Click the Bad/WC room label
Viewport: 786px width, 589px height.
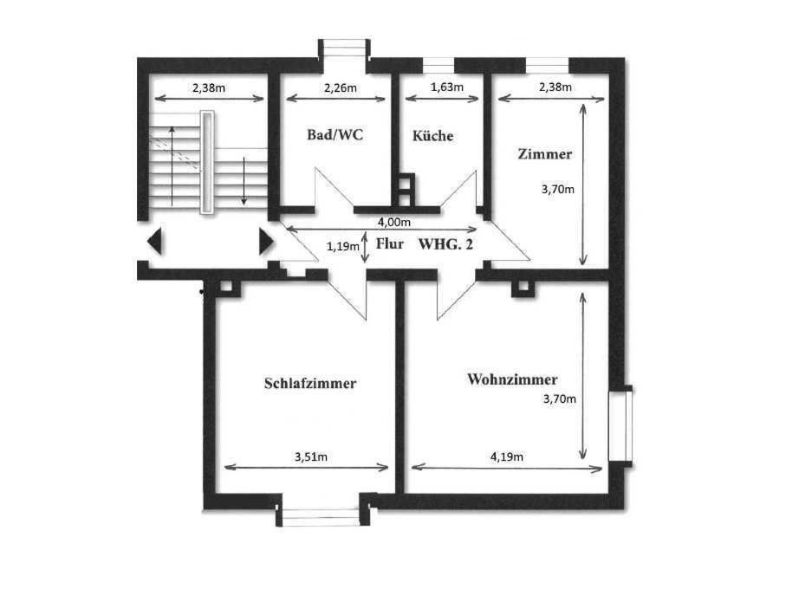335,135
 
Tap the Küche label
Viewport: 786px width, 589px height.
432,136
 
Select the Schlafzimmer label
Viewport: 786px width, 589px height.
310,383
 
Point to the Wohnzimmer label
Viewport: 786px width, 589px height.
512,379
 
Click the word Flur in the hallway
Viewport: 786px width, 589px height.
389,244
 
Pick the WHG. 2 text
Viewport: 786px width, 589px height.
445,244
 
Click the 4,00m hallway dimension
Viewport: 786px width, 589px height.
394,222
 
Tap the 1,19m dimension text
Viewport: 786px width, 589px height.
343,246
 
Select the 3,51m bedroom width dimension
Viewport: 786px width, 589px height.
311,456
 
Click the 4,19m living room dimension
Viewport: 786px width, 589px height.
506,456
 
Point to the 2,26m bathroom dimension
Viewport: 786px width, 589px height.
341,88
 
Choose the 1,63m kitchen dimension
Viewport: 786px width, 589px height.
446,87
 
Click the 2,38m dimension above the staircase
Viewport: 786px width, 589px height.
209,88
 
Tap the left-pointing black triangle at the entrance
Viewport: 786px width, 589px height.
154,242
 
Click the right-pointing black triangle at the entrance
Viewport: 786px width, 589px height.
266,242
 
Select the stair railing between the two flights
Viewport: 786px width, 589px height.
207,162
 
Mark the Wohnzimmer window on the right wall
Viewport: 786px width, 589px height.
620,426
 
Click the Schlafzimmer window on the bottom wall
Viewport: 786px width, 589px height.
322,517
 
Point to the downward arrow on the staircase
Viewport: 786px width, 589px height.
244,181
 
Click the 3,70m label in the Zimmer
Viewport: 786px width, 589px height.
558,190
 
